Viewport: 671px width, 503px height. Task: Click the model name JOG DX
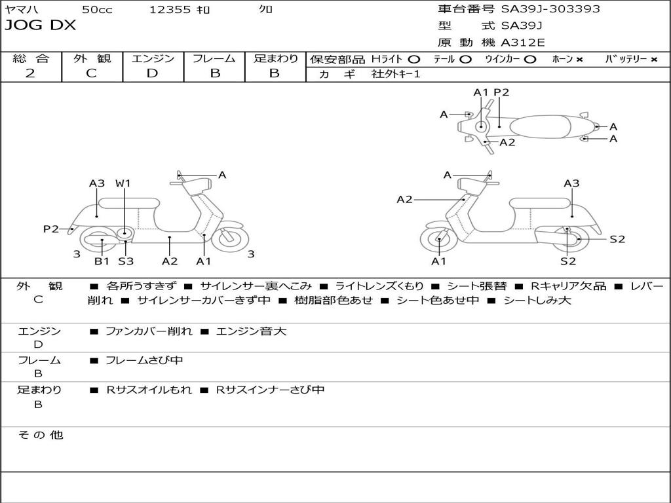point(40,26)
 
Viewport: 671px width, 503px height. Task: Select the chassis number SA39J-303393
point(550,9)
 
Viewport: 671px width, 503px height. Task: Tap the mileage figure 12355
point(170,9)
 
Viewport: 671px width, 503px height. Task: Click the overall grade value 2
point(30,73)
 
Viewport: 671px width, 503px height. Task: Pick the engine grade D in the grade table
point(152,73)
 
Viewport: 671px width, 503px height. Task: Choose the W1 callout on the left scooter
point(123,183)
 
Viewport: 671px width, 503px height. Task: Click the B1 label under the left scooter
point(102,261)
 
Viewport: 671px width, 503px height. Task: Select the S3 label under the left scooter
point(126,261)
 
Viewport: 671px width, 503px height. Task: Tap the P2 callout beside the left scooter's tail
point(51,229)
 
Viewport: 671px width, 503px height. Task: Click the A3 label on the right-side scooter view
point(571,183)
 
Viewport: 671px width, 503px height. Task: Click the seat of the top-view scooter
point(541,127)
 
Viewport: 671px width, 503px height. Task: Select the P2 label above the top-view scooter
point(501,92)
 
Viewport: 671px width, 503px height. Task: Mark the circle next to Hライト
point(414,60)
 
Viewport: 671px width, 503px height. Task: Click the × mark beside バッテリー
point(654,60)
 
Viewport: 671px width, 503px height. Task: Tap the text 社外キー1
point(396,74)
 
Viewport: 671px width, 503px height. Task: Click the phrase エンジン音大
point(251,331)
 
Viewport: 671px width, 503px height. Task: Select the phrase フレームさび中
point(144,360)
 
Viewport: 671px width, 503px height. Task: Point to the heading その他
point(41,435)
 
